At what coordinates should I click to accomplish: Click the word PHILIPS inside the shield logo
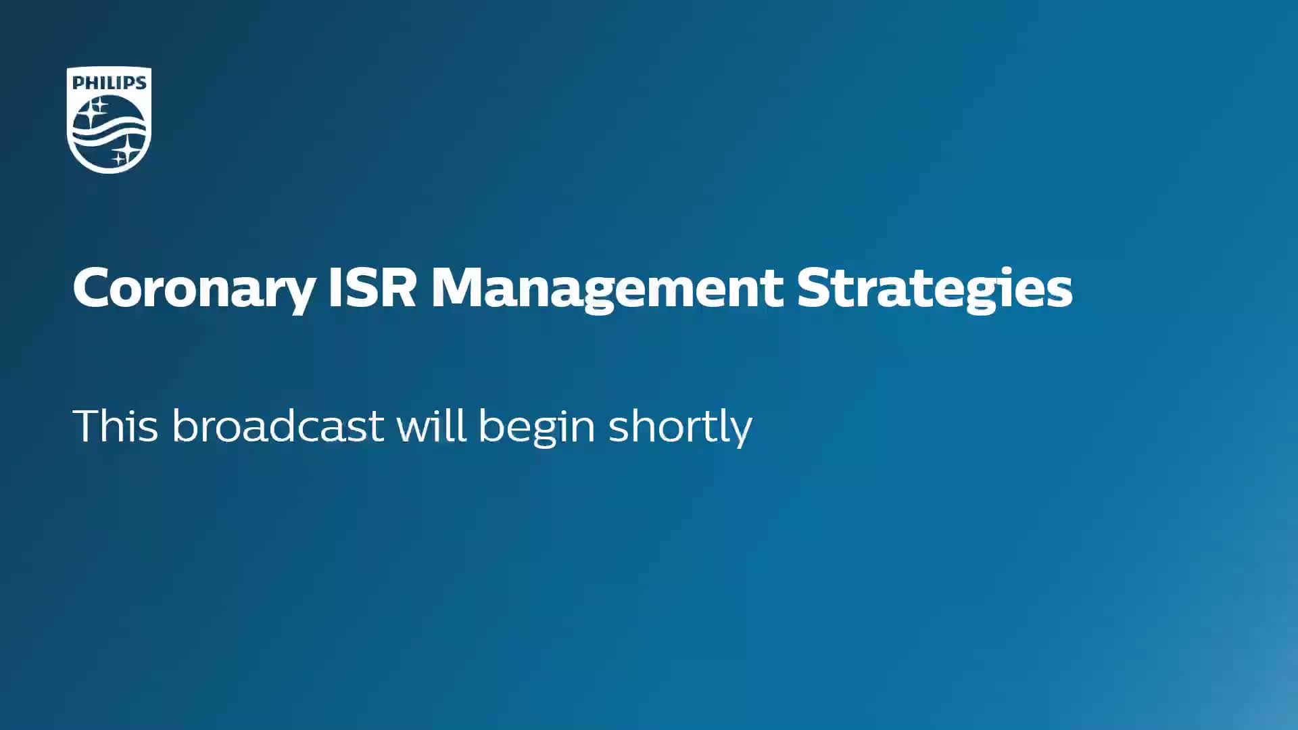click(x=109, y=82)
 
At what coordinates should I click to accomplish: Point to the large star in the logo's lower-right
click(x=127, y=149)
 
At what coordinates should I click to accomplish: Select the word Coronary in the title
click(x=194, y=289)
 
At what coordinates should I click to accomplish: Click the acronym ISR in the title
click(x=372, y=287)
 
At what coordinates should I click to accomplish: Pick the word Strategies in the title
click(x=935, y=289)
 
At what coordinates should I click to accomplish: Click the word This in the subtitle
click(x=116, y=426)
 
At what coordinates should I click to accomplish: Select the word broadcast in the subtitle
click(x=278, y=426)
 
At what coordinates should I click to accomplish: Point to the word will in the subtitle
click(x=431, y=425)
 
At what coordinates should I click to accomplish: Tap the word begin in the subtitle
click(x=537, y=428)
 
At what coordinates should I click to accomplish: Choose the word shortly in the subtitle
click(x=680, y=428)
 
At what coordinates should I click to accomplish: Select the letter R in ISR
click(x=397, y=287)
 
